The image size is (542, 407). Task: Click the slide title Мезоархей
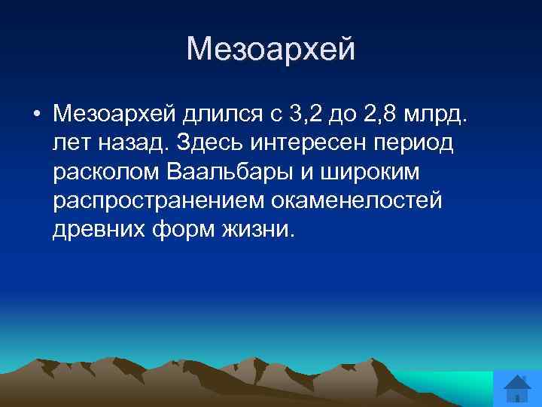coord(270,50)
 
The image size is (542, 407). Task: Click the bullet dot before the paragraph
coord(36,115)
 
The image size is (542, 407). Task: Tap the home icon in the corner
coord(517,390)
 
